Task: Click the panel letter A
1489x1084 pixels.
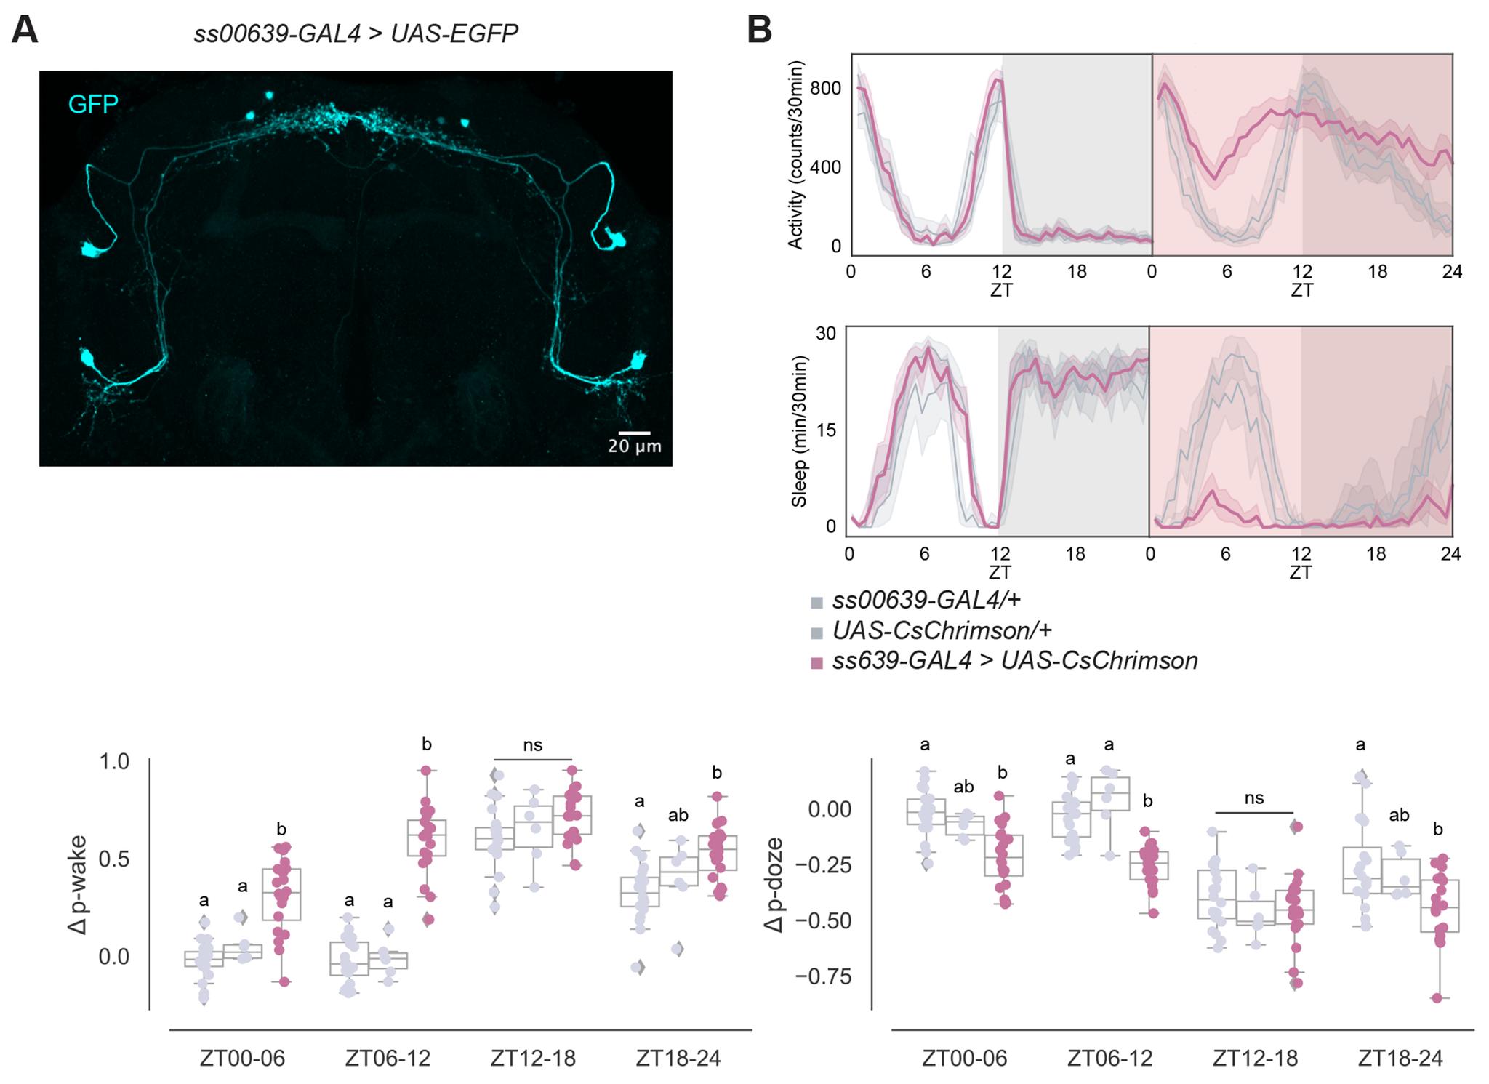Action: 25,31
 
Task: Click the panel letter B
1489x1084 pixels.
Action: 760,31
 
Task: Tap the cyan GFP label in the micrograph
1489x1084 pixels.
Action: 93,105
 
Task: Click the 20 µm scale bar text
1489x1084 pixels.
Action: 634,446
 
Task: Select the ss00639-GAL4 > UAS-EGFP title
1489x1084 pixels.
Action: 356,33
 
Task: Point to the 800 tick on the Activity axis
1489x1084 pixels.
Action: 825,89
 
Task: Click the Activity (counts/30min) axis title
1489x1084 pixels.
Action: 796,156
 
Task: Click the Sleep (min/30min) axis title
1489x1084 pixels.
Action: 799,431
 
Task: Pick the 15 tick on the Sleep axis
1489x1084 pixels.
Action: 826,430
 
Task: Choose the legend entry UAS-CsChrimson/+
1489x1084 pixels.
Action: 942,630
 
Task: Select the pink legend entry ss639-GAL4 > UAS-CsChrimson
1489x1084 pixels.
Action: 1014,661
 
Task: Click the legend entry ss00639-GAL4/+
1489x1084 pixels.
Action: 926,600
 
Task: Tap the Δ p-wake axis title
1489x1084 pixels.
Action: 78,885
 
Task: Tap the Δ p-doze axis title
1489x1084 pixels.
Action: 774,885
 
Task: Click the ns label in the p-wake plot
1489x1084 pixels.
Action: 533,745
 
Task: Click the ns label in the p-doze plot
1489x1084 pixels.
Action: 1254,798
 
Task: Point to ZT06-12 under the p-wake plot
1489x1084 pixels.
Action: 388,1058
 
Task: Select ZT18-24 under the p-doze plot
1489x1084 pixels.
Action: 1400,1058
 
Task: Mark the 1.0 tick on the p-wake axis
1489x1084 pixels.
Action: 114,762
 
